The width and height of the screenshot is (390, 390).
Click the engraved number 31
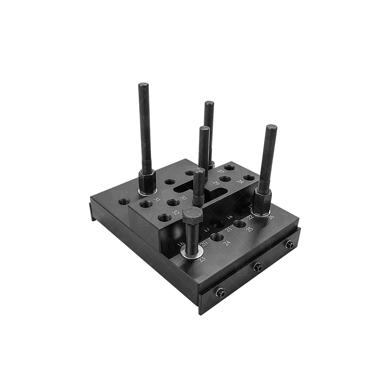[157, 199]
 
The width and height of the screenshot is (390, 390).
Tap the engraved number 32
[175, 212]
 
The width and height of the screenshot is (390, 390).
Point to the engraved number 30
[183, 198]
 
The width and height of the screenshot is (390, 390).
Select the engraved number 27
[221, 172]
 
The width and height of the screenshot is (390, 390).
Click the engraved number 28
[240, 181]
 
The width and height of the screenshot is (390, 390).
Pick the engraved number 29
[216, 183]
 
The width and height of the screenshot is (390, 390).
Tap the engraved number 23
[202, 259]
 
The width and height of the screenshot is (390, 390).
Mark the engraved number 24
[227, 243]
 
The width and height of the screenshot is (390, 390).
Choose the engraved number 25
[249, 229]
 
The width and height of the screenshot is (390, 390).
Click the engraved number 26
[270, 217]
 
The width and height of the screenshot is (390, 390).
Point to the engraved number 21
[228, 229]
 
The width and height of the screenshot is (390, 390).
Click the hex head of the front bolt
[192, 215]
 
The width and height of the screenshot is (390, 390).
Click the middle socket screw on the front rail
[257, 267]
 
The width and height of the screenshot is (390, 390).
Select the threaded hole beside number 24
[217, 237]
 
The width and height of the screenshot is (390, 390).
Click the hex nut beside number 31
[147, 181]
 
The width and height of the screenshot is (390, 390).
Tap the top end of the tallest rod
[143, 85]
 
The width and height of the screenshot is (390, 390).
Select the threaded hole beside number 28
[249, 177]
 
